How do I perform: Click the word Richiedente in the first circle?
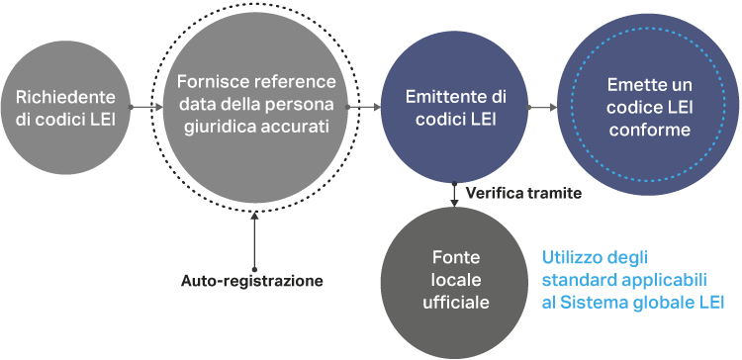(x=65, y=98)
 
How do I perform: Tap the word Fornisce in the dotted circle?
(x=208, y=81)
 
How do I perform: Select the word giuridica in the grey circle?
(x=223, y=128)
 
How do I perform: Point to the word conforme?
(x=650, y=130)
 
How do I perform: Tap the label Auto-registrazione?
(x=251, y=281)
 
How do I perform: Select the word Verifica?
(x=492, y=193)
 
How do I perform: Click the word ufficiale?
(x=456, y=303)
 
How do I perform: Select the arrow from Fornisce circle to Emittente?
(x=364, y=107)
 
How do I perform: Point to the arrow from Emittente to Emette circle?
(x=543, y=107)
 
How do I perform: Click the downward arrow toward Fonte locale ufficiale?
(x=455, y=195)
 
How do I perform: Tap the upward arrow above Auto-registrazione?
(x=254, y=240)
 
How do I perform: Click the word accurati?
(x=296, y=128)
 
